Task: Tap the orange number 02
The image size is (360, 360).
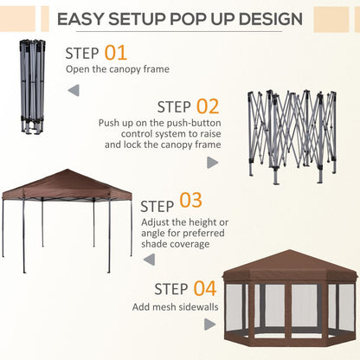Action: (x=207, y=106)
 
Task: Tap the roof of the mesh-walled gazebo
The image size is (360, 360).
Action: (x=289, y=264)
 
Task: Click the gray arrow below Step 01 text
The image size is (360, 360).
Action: (x=74, y=89)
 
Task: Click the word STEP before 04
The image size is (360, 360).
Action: (x=172, y=289)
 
